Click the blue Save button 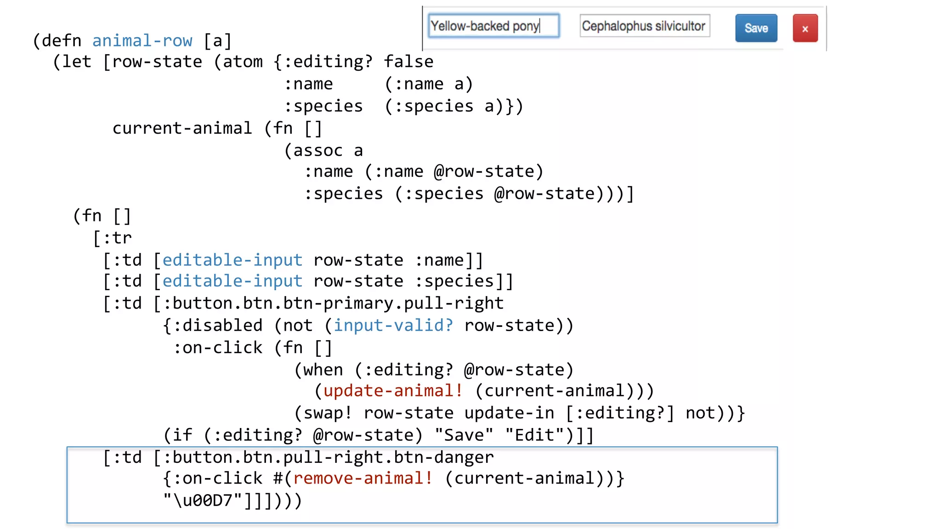[x=756, y=28]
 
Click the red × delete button [x=805, y=28]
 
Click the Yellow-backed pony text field [x=493, y=26]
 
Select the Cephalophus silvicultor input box [x=644, y=26]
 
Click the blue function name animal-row [x=142, y=40]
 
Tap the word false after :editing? [x=408, y=62]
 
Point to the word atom [x=243, y=62]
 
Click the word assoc [x=318, y=150]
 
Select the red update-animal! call [x=393, y=391]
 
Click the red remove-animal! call [x=363, y=478]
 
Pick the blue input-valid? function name [x=393, y=326]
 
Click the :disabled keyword [x=217, y=326]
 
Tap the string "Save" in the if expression [x=464, y=435]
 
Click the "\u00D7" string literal [x=203, y=501]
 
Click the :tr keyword [x=117, y=238]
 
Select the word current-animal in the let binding [x=182, y=128]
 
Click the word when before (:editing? [x=323, y=370]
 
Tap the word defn [x=62, y=40]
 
